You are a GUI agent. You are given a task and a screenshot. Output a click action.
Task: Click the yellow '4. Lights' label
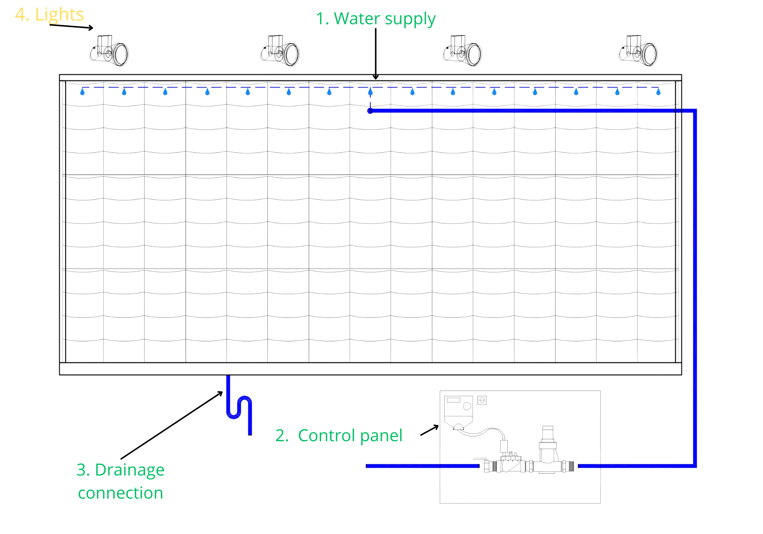point(49,15)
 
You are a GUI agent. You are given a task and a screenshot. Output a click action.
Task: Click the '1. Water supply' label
point(376,19)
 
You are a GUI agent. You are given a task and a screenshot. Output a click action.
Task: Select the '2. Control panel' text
point(339,435)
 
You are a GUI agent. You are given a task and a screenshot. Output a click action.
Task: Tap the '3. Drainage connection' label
point(120,481)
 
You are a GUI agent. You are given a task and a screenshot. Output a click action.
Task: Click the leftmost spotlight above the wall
point(109,51)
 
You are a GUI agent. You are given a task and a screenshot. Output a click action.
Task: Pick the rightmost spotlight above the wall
point(638,51)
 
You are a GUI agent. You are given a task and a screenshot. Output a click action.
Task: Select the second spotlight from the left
point(280,51)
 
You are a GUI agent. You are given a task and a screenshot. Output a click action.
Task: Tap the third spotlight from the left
point(462,51)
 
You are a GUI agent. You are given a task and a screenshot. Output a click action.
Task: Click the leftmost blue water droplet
point(82,92)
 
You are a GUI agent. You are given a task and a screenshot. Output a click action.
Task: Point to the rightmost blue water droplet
point(658,92)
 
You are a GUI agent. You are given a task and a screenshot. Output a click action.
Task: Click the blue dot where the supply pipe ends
point(370,111)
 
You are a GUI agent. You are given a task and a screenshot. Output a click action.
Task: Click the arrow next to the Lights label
point(71,26)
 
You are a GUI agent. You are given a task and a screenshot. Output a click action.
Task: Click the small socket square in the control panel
point(482,400)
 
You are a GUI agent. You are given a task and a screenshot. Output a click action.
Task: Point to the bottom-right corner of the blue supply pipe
point(695,465)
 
